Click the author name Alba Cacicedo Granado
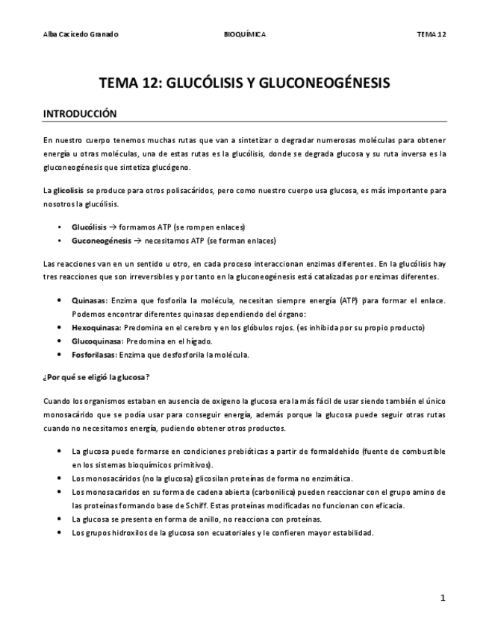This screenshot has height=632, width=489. click(81, 34)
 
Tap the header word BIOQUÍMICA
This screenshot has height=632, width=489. click(244, 34)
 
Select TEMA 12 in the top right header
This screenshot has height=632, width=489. click(432, 34)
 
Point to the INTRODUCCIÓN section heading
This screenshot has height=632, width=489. click(81, 114)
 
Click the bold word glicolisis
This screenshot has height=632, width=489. click(68, 191)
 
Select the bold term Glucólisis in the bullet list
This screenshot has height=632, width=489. click(90, 227)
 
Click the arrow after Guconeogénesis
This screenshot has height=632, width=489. click(138, 240)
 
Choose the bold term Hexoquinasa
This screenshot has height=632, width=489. click(96, 327)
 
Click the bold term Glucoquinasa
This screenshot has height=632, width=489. click(96, 341)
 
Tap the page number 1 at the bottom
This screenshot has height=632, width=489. click(443, 598)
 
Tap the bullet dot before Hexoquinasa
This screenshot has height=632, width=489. click(60, 327)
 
